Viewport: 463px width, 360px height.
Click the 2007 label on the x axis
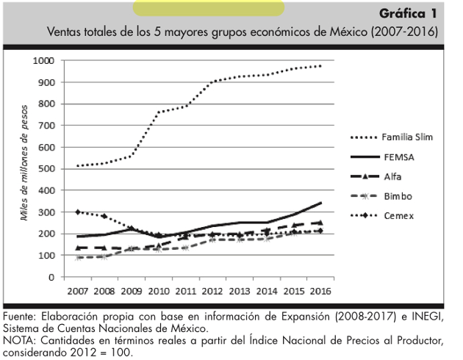point(79,290)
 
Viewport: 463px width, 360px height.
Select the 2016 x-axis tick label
point(320,290)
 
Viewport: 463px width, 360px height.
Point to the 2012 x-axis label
point(213,290)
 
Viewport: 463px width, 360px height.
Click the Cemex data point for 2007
point(78,212)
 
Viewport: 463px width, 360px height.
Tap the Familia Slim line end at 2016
point(320,66)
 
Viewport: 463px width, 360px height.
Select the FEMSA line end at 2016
point(320,203)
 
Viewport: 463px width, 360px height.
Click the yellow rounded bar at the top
point(208,8)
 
